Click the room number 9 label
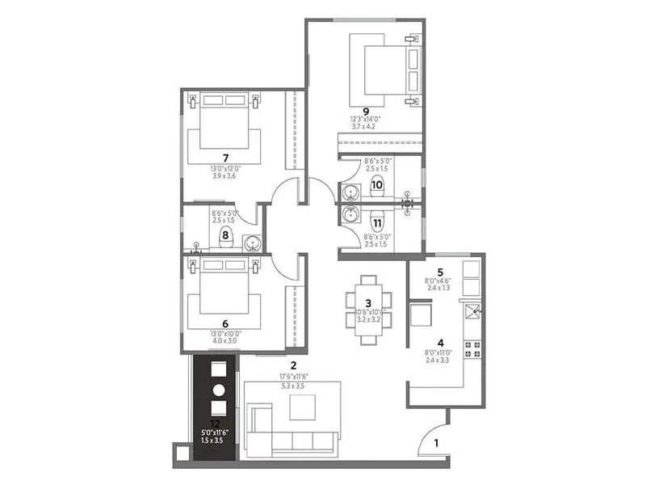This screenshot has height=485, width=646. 366,112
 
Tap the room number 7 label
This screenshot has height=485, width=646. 226,157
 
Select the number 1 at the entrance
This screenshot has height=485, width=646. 436,442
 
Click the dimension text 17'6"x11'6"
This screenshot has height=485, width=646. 293,376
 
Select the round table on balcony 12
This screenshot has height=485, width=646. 217,390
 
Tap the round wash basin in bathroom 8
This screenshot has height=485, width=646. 253,241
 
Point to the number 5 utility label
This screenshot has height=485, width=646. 440,272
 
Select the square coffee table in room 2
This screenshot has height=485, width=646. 304,410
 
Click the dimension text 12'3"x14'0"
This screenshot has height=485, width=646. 366,120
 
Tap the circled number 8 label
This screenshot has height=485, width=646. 226,235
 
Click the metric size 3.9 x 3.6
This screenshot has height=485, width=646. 226,175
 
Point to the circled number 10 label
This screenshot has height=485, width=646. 376,184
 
